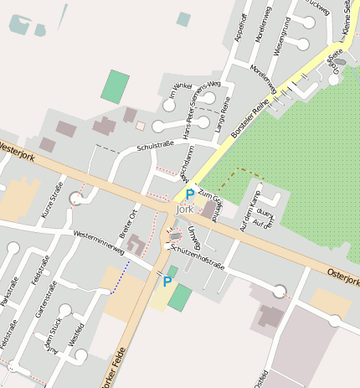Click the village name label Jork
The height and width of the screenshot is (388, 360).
coord(185,209)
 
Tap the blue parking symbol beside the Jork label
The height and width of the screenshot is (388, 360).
coord(190,194)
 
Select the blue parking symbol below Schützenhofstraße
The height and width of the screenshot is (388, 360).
coord(167,282)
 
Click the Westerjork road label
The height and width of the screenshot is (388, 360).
coord(18,150)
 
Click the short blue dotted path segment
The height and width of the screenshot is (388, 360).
coord(120,277)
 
